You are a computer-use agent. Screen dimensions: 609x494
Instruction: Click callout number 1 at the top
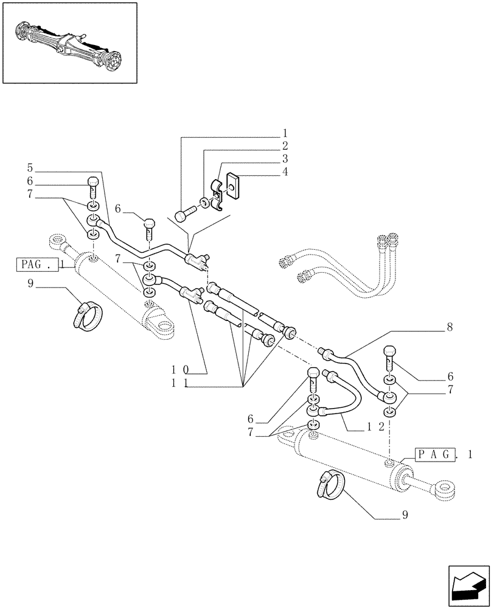[285, 133]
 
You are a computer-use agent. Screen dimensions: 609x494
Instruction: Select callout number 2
[285, 146]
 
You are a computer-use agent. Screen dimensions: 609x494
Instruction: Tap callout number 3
[285, 160]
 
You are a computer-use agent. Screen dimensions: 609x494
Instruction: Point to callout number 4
[285, 172]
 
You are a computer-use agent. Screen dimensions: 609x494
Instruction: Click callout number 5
[30, 167]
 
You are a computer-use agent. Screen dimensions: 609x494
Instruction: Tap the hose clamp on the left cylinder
[89, 315]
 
